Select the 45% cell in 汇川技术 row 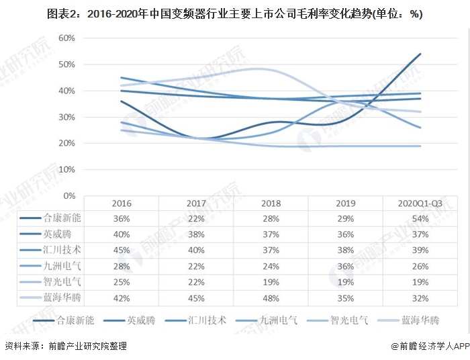coord(122,249)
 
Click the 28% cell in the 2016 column coord(122,265)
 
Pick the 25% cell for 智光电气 coord(122,281)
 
